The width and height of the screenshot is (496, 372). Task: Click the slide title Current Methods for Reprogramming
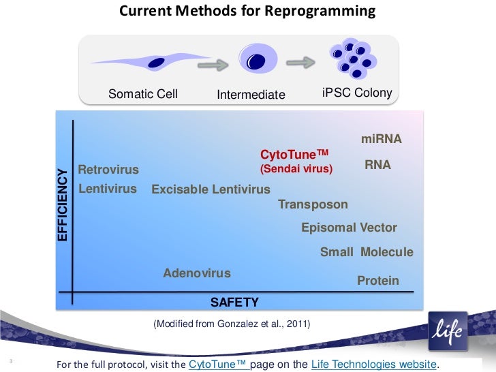coord(247,12)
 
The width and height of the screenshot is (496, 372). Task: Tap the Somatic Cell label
coord(143,94)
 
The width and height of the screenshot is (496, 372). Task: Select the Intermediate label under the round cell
coord(251,95)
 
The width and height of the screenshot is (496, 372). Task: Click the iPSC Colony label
coord(356,93)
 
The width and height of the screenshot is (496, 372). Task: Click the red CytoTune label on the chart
coord(294,155)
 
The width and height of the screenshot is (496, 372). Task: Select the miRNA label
coord(381,139)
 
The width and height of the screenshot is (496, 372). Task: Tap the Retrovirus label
coord(108,169)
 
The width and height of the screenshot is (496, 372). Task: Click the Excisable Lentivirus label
coord(211,189)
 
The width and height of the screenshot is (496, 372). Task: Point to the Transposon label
coord(313,204)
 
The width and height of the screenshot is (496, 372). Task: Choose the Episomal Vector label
coord(349,228)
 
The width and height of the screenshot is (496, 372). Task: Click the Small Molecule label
coord(367,252)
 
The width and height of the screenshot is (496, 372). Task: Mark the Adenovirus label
coord(197,273)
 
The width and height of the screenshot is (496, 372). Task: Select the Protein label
coord(378,281)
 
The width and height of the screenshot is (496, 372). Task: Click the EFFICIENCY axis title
coord(63,204)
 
